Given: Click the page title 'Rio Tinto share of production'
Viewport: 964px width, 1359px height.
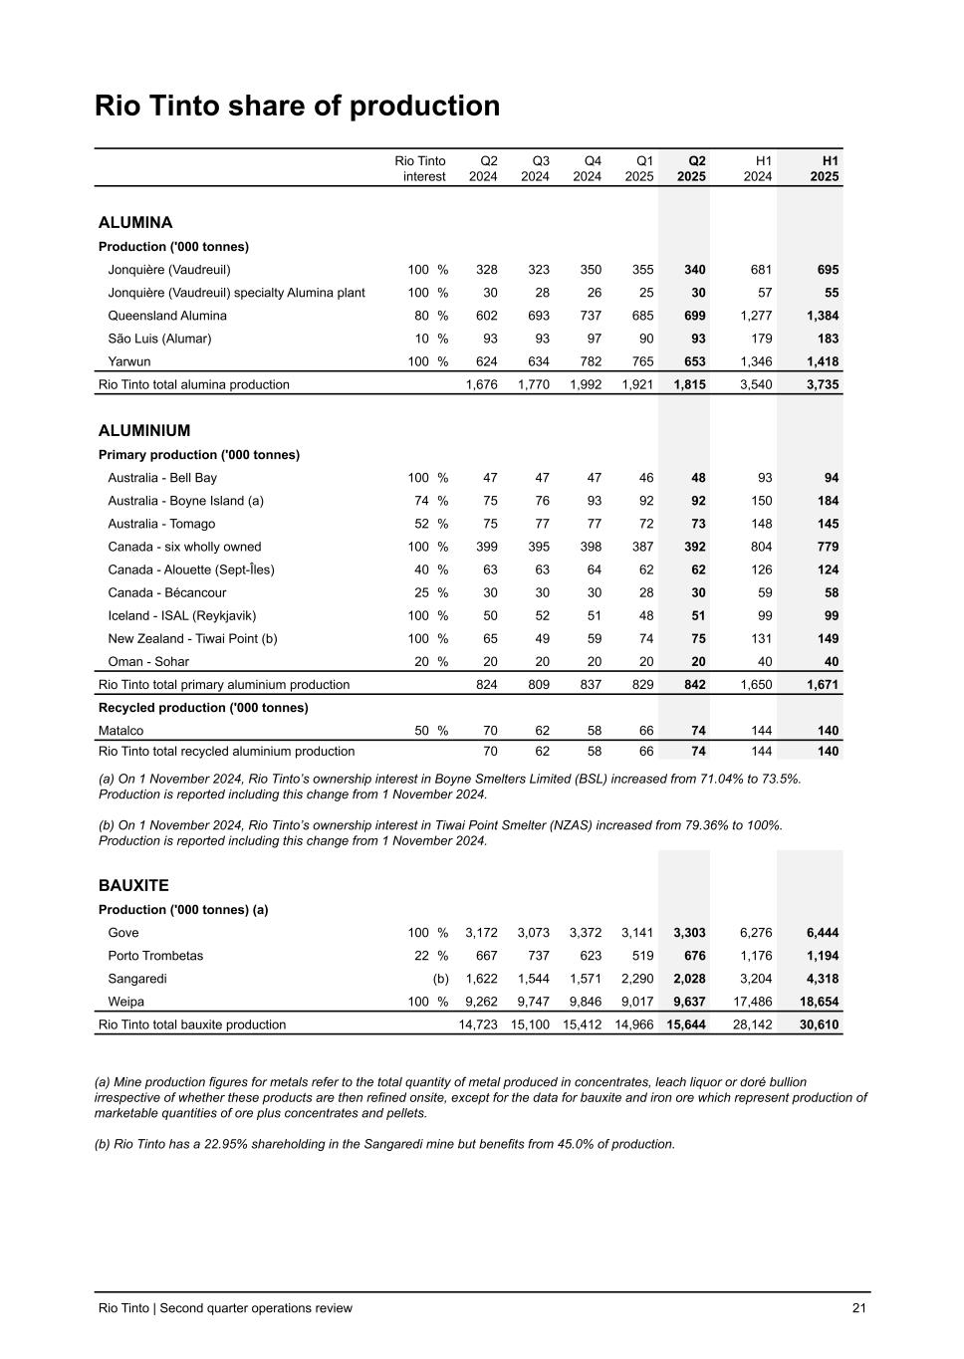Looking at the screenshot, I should coord(297,106).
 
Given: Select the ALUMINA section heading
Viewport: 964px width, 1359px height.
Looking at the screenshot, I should coord(135,222).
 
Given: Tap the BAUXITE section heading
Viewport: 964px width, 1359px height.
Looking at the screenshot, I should coord(133,885).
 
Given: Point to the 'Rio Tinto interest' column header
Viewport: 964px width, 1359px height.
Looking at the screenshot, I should coord(420,168).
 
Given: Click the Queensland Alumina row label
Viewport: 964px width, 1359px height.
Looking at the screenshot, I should coord(167,316).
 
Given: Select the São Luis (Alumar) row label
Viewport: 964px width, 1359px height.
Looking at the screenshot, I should coord(159,339).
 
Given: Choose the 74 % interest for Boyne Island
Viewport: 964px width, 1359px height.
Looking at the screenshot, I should coord(430,501).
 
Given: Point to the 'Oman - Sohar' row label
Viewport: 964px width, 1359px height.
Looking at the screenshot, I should coord(148,661).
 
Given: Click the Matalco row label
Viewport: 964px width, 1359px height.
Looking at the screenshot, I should coord(120,730).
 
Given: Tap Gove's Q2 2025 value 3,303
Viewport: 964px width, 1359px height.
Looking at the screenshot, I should coord(689,933).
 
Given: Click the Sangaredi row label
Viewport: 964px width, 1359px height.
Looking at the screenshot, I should coord(137,979).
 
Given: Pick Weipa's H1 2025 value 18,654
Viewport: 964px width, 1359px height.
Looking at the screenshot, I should coord(819,1002).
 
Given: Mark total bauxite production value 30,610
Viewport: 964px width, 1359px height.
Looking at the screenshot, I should coord(819,1024).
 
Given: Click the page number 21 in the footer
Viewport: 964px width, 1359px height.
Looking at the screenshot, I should coord(858,1308).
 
